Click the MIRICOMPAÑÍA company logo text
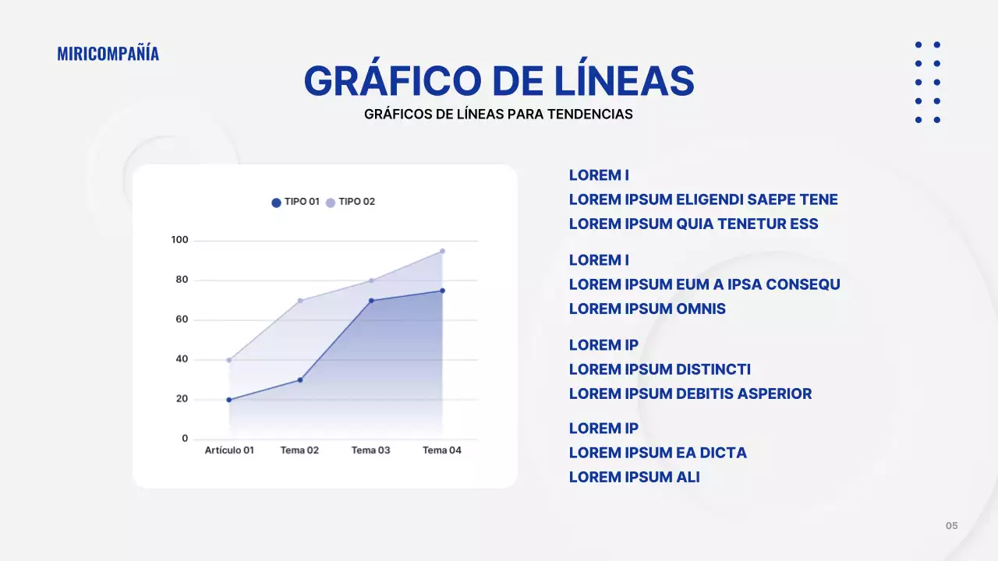click(108, 53)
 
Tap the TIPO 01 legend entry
click(296, 202)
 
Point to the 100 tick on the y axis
click(179, 240)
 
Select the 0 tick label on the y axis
click(185, 439)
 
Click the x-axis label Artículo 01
click(229, 450)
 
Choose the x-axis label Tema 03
click(370, 450)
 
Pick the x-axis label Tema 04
click(441, 450)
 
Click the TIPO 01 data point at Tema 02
click(300, 380)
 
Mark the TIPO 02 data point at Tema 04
click(442, 251)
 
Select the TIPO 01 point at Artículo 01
click(229, 400)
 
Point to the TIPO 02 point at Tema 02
click(300, 301)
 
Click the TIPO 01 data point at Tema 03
click(371, 301)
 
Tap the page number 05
click(951, 526)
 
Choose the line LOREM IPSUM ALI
click(634, 477)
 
